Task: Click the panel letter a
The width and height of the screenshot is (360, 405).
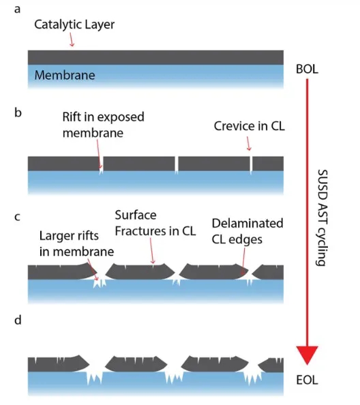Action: point(17,10)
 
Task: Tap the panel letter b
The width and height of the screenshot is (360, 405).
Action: point(18,112)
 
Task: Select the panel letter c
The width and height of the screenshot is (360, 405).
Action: point(17,217)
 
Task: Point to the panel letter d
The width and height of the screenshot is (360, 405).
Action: point(18,320)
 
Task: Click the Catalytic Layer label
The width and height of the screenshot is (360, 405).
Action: point(74,25)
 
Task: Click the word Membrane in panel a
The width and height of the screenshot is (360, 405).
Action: point(65,75)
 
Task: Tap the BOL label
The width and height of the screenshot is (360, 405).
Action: point(307,70)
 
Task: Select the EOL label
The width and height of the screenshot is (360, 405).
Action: point(307,380)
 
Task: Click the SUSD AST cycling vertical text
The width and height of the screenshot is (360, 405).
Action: point(322,217)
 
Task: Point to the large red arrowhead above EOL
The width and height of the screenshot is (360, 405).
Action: point(307,355)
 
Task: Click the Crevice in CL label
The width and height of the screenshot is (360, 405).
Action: point(250,126)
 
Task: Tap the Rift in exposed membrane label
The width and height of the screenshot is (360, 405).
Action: point(104,125)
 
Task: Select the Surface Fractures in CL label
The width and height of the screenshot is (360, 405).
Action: point(155,223)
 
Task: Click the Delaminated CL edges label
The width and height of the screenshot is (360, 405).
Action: point(247,231)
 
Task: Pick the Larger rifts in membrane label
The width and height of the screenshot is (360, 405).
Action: point(76,243)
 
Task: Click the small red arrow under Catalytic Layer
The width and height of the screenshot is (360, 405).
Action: point(72,40)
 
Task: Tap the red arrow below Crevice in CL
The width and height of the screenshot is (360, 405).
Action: point(248,144)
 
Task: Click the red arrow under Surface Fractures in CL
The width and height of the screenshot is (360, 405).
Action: point(152,250)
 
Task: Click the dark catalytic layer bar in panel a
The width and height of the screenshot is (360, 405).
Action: point(155,57)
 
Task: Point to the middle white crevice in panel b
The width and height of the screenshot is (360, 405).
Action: point(177,165)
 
